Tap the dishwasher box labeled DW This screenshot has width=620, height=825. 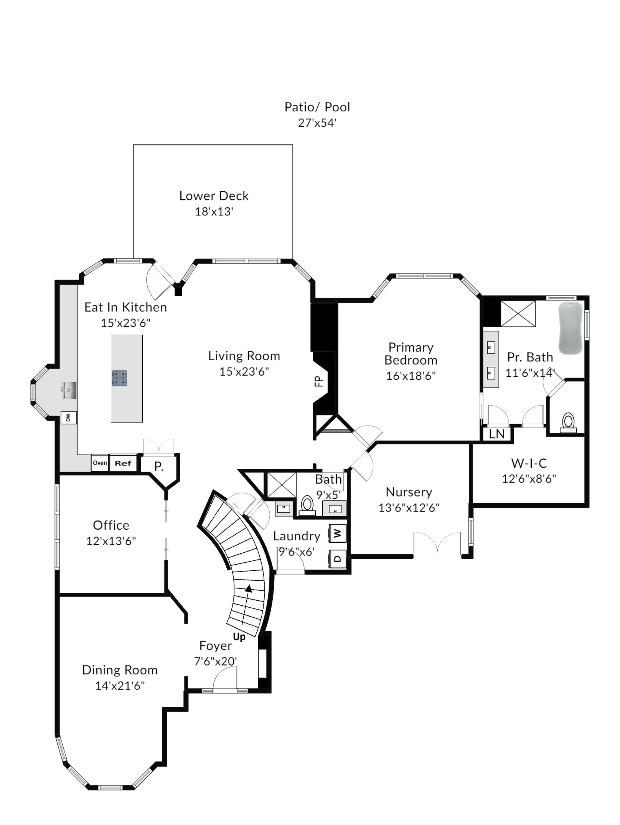click(69, 417)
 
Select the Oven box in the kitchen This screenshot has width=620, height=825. click(100, 463)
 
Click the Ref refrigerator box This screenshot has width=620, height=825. click(123, 463)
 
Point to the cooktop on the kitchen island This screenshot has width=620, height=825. click(119, 378)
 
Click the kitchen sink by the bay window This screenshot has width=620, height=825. click(69, 390)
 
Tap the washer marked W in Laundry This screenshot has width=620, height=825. click(338, 533)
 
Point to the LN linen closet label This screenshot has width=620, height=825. click(497, 434)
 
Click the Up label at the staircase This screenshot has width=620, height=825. click(239, 637)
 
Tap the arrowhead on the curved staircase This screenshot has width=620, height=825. click(249, 588)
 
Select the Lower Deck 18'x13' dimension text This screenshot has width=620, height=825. click(214, 212)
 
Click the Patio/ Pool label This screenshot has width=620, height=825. click(317, 107)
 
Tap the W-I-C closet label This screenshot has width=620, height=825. click(529, 463)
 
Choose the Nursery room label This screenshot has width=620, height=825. click(409, 492)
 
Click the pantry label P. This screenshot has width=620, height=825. click(159, 466)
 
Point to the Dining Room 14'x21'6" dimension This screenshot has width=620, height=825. click(120, 686)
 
